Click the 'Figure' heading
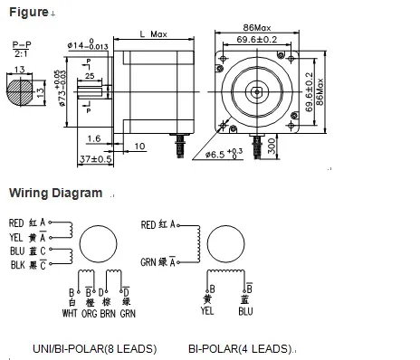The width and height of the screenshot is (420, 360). (x=26, y=10)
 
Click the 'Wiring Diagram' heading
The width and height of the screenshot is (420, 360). (x=55, y=193)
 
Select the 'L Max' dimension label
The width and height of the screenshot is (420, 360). (x=155, y=33)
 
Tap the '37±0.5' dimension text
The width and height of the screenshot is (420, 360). (x=97, y=159)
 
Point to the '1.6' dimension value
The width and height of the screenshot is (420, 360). (x=94, y=137)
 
